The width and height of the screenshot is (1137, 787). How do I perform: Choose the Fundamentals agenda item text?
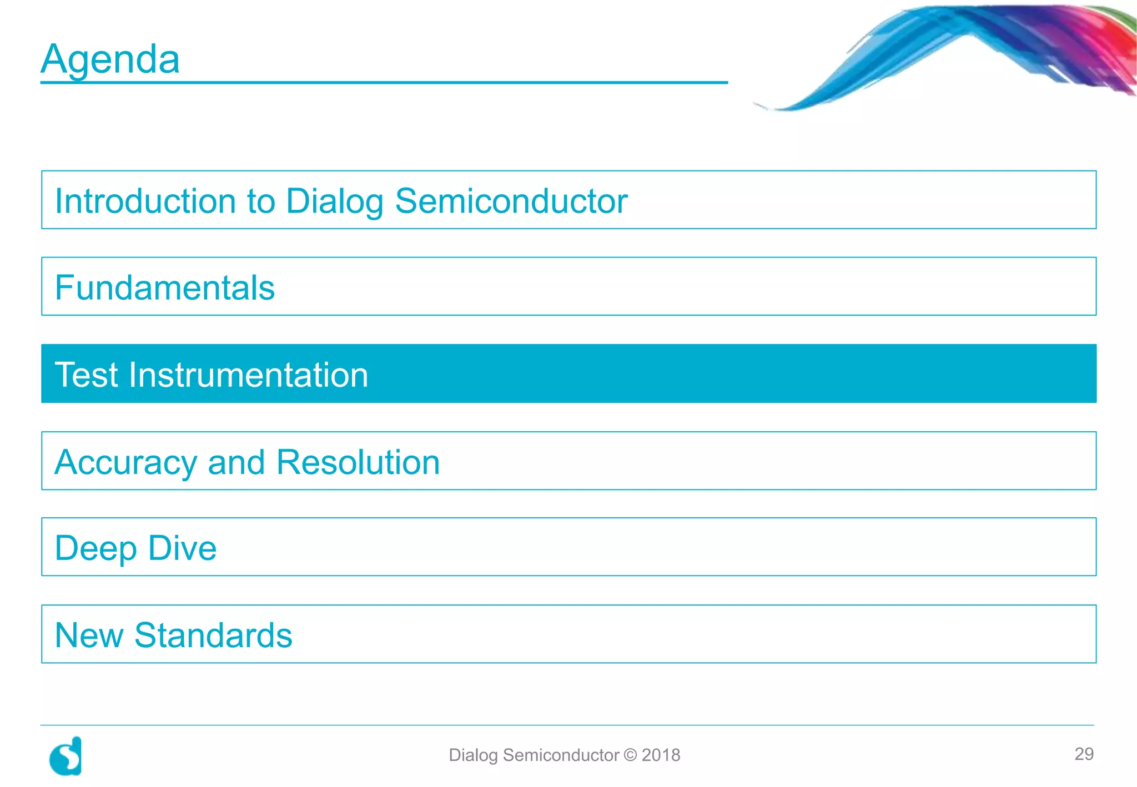coord(165,287)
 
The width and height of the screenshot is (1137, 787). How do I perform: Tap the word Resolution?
coord(358,462)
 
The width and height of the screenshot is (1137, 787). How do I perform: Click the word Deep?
coord(95,548)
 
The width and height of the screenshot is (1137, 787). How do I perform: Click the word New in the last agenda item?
coord(89,635)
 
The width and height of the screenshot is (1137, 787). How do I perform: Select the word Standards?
coord(213,635)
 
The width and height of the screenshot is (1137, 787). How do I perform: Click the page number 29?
coord(1084,754)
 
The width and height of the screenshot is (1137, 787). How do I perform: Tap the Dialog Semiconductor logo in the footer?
coord(66,756)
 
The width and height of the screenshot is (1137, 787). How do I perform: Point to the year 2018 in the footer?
coord(661,755)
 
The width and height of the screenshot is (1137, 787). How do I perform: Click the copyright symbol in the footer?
coord(630,755)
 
